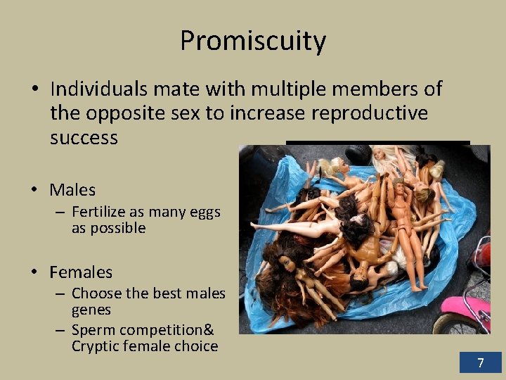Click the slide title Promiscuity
pyautogui.click(x=253, y=41)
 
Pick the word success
pyautogui.click(x=84, y=137)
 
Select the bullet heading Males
pyautogui.click(x=72, y=190)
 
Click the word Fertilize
pyautogui.click(x=102, y=212)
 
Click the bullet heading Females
pyautogui.click(x=81, y=272)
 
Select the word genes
pyautogui.click(x=91, y=310)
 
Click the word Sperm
pyautogui.click(x=91, y=330)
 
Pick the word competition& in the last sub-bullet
pyautogui.click(x=168, y=330)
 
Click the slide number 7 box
pyautogui.click(x=481, y=363)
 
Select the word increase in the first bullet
pyautogui.click(x=261, y=113)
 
